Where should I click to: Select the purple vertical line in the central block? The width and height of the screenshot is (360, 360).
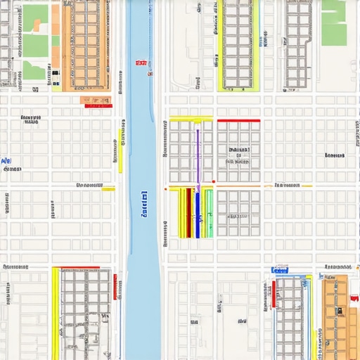(x=198, y=158)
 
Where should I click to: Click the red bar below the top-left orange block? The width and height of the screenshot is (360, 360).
(x=96, y=99)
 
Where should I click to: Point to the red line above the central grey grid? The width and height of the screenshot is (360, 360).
(x=238, y=120)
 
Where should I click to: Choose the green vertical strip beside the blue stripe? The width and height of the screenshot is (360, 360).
(x=208, y=212)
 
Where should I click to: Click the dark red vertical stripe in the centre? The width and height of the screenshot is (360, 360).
(x=188, y=212)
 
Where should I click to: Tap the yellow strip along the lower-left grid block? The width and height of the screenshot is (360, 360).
(x=56, y=313)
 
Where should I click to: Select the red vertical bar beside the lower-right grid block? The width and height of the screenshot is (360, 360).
(x=274, y=294)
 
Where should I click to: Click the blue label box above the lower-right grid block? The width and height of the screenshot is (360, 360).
(x=280, y=270)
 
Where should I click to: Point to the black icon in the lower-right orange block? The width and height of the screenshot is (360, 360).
(x=337, y=310)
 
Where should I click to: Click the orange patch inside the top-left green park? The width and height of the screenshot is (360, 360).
(x=36, y=25)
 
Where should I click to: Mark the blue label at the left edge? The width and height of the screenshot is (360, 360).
(x=6, y=162)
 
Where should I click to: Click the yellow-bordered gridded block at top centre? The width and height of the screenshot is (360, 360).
(x=238, y=44)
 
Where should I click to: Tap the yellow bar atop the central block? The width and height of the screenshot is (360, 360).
(x=191, y=119)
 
